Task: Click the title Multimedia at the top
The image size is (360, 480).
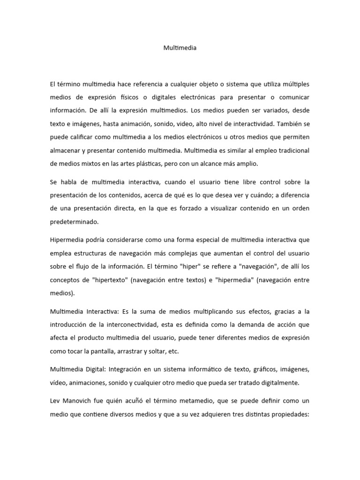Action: (x=180, y=47)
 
